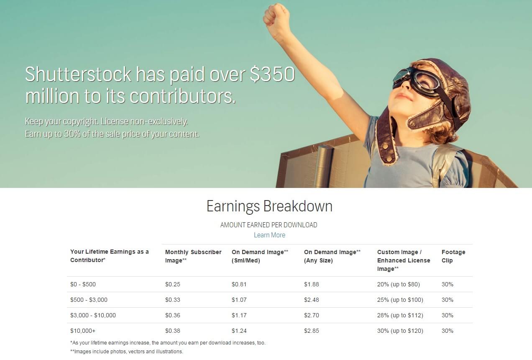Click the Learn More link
[x=269, y=235]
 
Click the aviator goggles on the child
[x=419, y=82]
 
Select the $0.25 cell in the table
[x=173, y=284]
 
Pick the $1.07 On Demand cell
[x=239, y=300]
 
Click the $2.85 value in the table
[x=311, y=331]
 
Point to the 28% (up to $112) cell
[x=400, y=315]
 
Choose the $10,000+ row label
[x=83, y=331]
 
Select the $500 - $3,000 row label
[x=89, y=300]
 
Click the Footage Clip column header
[x=453, y=256]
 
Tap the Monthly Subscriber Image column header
[x=193, y=256]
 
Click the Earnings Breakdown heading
[x=269, y=206]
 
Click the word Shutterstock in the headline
[x=78, y=74]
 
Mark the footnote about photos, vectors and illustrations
[x=127, y=352]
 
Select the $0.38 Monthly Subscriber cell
[x=173, y=331]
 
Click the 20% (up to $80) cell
[x=399, y=284]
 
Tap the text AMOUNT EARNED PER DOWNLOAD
[x=269, y=225]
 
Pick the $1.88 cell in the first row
[x=311, y=284]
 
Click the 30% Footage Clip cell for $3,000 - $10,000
[x=448, y=315]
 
